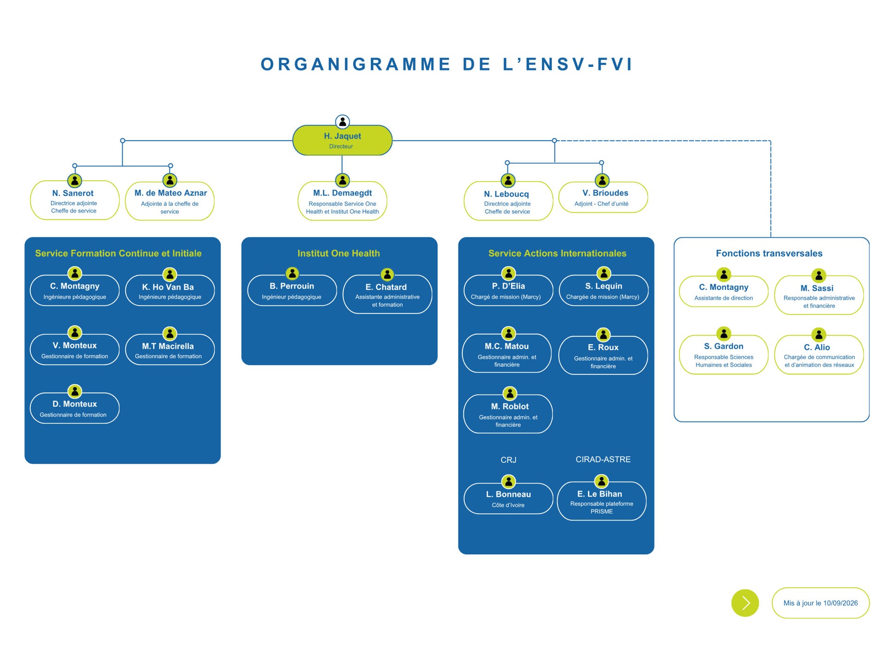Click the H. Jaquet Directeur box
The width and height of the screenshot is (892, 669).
click(x=342, y=140)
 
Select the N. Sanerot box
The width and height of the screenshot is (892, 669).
click(x=75, y=200)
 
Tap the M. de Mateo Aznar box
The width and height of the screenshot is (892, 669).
click(x=170, y=201)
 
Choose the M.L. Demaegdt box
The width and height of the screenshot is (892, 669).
click(x=342, y=201)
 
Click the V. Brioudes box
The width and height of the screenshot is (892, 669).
click(x=603, y=197)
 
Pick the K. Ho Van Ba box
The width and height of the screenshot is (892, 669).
click(x=170, y=290)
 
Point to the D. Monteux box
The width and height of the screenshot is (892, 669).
click(x=75, y=408)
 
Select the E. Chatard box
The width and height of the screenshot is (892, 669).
click(x=387, y=294)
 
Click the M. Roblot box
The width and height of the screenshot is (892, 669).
click(x=508, y=413)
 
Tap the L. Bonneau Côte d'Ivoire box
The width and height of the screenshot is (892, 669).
click(x=509, y=498)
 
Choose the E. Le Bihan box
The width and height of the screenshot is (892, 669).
click(x=602, y=501)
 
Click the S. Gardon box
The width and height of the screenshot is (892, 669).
click(x=724, y=354)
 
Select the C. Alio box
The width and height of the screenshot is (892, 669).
click(x=819, y=354)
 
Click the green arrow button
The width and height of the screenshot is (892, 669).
click(x=745, y=603)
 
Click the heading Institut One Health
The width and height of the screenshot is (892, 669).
click(x=339, y=253)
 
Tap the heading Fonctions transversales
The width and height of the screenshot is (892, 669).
click(x=769, y=253)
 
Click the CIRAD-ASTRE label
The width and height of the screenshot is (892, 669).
click(x=603, y=459)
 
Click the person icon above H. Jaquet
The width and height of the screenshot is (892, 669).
click(x=342, y=122)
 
